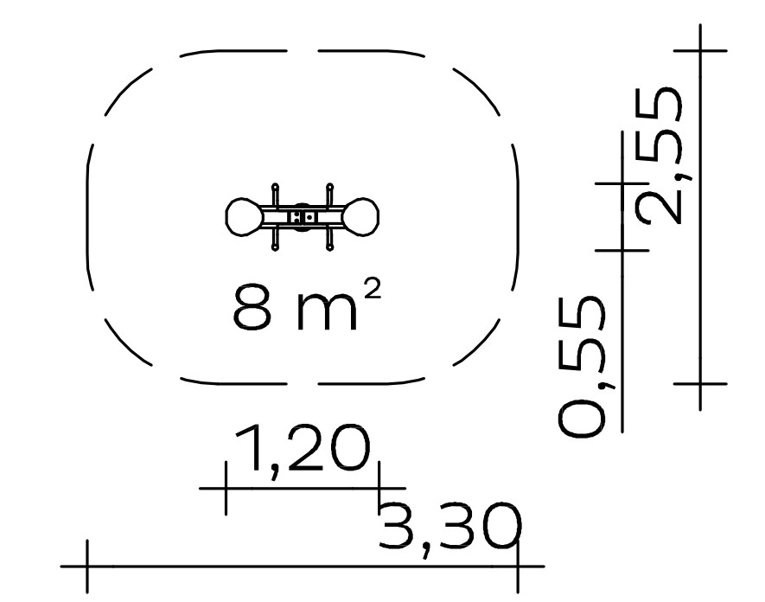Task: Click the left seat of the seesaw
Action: [244, 217]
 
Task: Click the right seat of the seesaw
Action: [360, 217]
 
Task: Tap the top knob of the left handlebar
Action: [275, 187]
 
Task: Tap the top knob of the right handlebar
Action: [330, 187]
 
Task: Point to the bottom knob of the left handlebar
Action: [275, 248]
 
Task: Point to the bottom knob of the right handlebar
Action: [330, 248]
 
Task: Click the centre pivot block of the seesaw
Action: [303, 217]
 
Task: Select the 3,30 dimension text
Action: [449, 529]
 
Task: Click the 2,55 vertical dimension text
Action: [658, 156]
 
